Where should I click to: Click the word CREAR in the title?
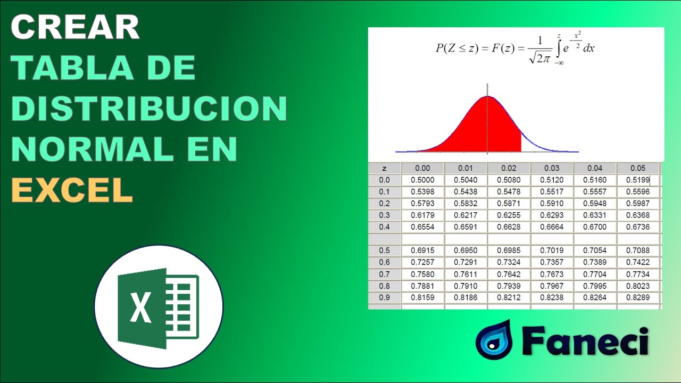coord(75,28)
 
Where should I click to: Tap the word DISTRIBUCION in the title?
coord(149,109)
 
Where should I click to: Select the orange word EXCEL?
coord(72,190)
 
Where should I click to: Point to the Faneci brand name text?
coord(585,342)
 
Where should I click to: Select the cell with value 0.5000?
coord(422,180)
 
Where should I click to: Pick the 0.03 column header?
coord(552,168)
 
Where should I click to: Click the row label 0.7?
coord(384,274)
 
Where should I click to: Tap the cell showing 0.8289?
coord(638,297)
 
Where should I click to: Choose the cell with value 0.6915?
coord(422,251)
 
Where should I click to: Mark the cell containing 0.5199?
coord(638,180)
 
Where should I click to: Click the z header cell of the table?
coord(384,168)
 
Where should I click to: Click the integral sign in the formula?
coord(559,49)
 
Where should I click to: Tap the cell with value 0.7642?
coord(509,274)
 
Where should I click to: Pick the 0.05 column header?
coord(638,168)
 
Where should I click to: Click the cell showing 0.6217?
coord(466,215)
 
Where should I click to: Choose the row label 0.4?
coord(384,227)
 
